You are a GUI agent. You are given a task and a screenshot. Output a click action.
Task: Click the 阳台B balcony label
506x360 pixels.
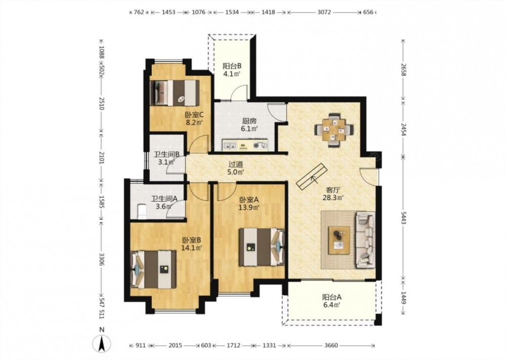click(232, 66)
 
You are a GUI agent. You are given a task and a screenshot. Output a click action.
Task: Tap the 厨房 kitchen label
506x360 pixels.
click(249, 121)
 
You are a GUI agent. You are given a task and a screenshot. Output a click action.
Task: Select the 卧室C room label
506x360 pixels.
click(194, 114)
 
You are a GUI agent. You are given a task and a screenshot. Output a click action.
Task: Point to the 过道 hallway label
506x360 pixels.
click(235, 164)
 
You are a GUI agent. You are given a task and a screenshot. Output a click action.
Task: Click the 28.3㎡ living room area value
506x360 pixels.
click(333, 197)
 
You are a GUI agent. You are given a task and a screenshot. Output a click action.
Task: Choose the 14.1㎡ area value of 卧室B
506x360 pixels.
click(192, 248)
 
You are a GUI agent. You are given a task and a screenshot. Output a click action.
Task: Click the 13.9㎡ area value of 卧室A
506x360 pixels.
click(249, 207)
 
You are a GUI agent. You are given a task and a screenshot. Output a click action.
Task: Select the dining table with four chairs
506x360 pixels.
click(334, 130)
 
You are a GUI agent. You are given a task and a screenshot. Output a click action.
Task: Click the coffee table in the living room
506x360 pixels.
click(339, 240)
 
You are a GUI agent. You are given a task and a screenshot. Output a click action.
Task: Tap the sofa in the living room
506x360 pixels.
click(365, 240)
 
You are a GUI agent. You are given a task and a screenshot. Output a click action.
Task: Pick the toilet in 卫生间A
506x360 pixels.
click(142, 212)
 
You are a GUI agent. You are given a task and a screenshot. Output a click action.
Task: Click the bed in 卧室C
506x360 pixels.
click(175, 93)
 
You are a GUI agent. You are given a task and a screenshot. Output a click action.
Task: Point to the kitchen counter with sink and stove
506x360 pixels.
click(245, 145)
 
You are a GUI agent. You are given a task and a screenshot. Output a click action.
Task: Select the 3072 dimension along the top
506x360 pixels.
click(324, 12)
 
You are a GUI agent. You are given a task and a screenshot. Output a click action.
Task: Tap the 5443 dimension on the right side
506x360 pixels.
click(403, 218)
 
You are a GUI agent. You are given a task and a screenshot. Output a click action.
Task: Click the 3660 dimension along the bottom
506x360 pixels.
click(331, 345)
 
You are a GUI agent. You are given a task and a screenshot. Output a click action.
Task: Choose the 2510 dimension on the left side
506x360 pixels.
click(101, 103)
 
